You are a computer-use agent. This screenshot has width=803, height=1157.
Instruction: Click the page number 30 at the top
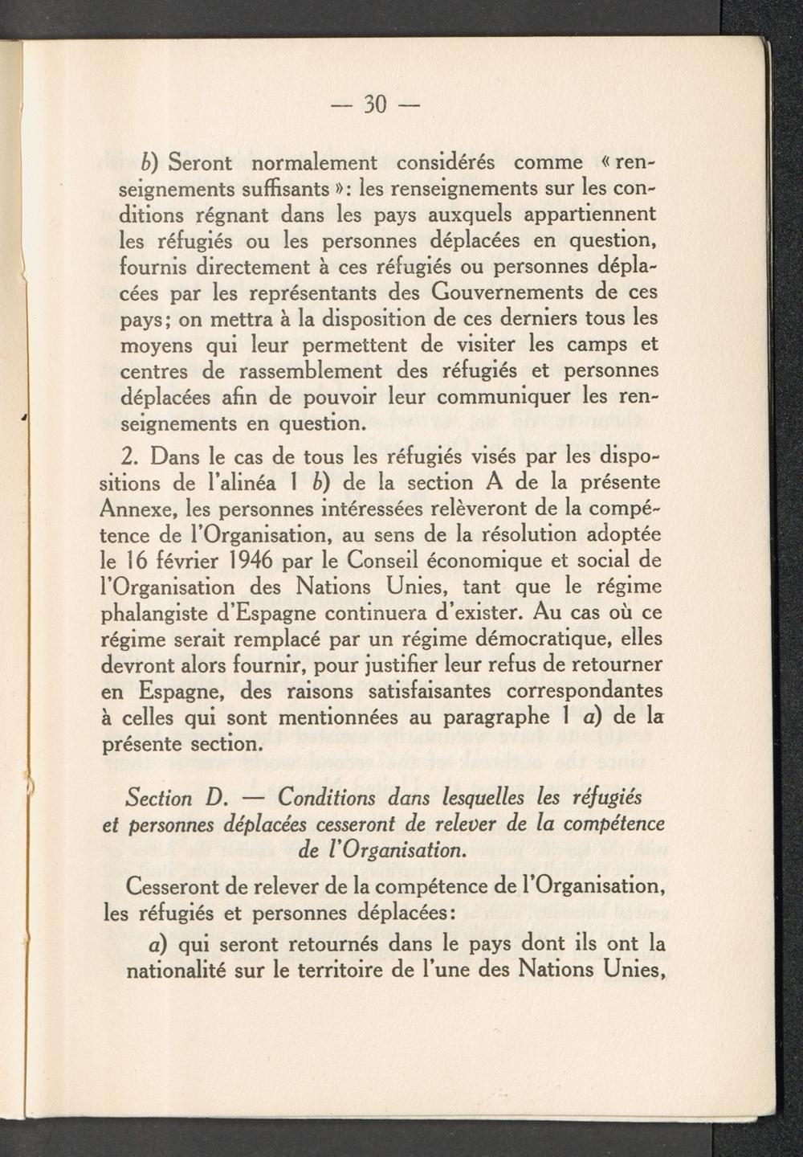(376, 104)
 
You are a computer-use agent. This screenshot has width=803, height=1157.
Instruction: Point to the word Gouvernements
(512, 292)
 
